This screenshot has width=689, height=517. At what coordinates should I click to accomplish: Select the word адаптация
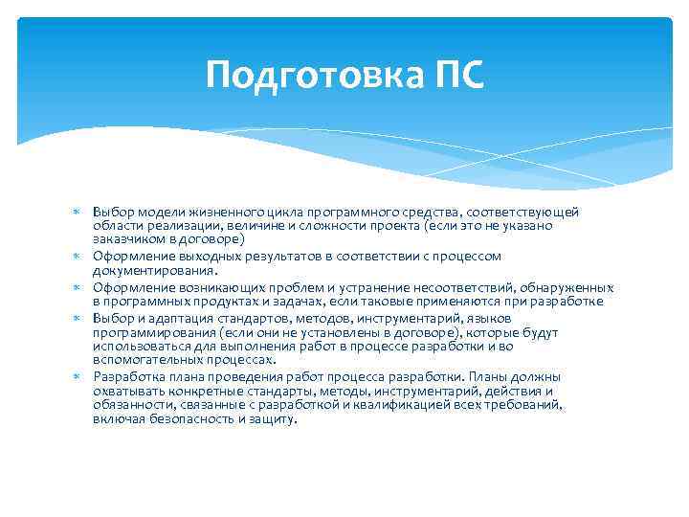click(x=170, y=318)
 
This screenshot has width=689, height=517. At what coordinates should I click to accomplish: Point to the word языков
click(x=491, y=318)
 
